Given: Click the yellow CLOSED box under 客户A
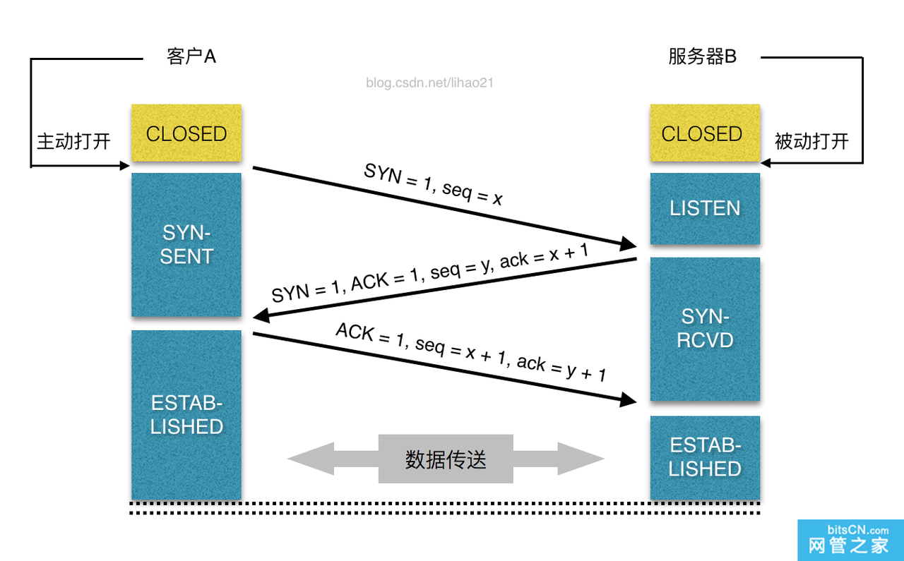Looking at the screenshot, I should tap(186, 133).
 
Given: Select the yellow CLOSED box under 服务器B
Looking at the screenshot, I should tap(704, 133).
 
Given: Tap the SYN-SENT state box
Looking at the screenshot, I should tap(186, 245).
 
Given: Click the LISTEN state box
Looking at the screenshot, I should tap(704, 208).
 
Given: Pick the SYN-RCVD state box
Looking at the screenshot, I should tap(704, 329).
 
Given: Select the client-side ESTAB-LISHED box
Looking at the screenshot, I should tap(186, 415).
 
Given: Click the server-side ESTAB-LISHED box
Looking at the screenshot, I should tap(704, 457).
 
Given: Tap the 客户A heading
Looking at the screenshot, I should tap(191, 57).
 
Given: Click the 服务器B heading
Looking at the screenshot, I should tap(702, 57).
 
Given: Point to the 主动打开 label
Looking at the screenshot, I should tap(73, 141).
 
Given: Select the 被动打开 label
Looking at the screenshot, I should tap(811, 141).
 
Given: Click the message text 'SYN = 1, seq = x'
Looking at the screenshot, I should tap(433, 184).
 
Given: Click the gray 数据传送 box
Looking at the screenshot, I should tap(446, 459).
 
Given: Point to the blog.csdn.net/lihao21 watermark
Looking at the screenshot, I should tap(429, 83).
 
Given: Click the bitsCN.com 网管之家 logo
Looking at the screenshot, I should tap(850, 540).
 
